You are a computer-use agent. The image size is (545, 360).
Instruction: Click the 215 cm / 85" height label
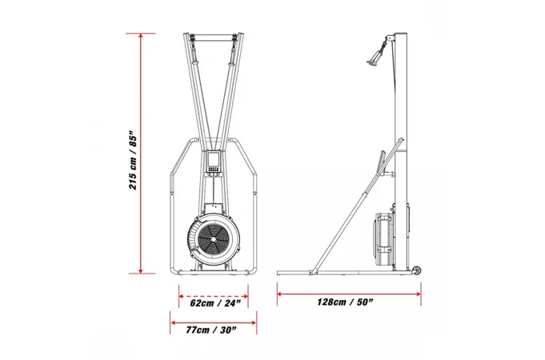(x=134, y=160)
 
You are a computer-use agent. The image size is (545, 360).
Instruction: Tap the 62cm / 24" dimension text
(x=215, y=303)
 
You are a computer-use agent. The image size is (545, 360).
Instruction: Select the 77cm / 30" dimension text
(x=211, y=330)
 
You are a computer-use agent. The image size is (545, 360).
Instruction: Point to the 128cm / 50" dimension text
(x=345, y=302)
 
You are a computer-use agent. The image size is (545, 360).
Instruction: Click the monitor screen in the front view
(x=213, y=160)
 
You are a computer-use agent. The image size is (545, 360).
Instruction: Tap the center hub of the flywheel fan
(x=213, y=239)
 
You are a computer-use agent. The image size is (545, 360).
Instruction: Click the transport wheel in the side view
(x=417, y=271)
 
